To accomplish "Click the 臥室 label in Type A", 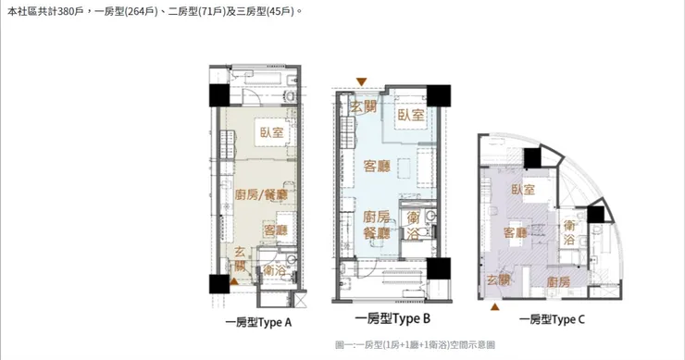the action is point(272,132).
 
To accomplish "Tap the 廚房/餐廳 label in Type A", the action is point(261,194).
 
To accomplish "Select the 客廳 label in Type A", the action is point(275,230).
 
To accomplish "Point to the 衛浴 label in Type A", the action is point(274,270).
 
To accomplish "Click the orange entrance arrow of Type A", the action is point(234,281).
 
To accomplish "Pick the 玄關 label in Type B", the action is point(364,106).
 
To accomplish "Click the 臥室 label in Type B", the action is point(411,115).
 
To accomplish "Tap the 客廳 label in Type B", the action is point(377,166).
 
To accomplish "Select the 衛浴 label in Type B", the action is point(413,226).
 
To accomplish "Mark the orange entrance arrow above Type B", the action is point(361,81).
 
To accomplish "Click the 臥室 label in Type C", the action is point(523,190).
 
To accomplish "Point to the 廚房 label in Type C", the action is point(558,281).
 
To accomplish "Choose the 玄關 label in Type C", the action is point(498,279).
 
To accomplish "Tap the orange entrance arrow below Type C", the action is point(494,307).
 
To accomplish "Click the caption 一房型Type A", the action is point(258,322).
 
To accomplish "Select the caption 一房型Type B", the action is point(392,319).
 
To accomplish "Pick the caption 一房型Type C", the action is point(552,320).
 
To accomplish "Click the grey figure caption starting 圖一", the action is point(415,345).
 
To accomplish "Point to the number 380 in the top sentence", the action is point(65,11).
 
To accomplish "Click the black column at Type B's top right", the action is point(439,95).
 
